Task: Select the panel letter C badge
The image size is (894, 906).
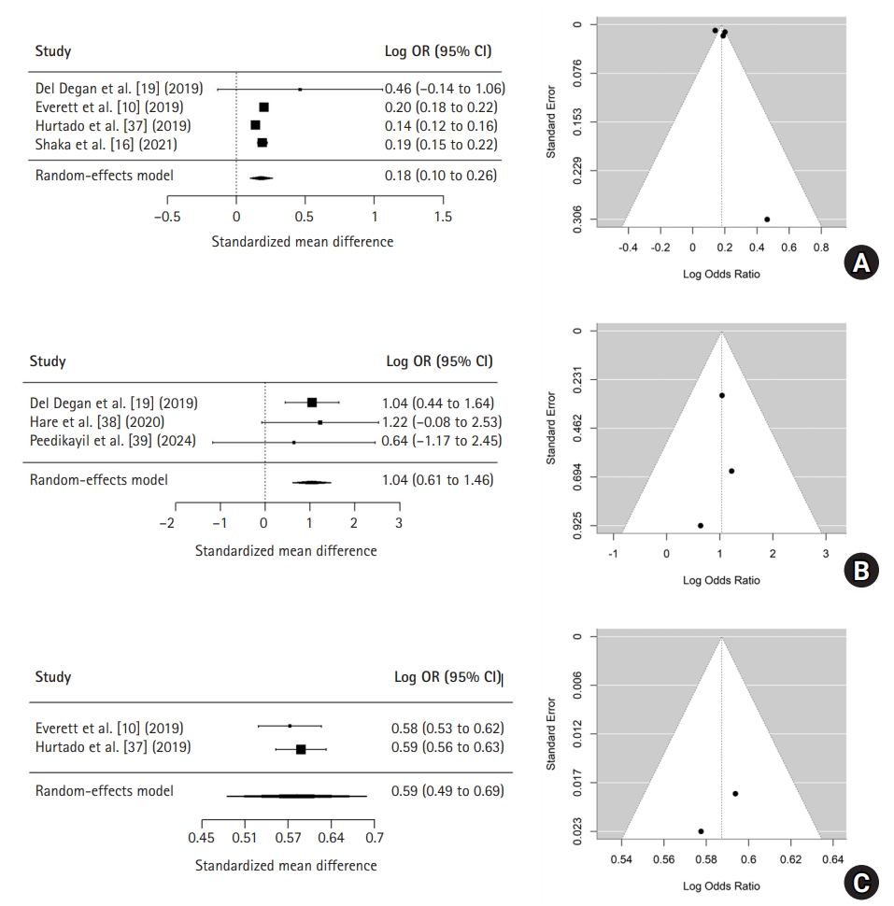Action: tap(860, 881)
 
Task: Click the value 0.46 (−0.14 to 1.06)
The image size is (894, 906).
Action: tap(441, 90)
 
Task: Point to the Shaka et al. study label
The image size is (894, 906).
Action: tap(106, 145)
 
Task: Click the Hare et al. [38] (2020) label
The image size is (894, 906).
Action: tap(97, 422)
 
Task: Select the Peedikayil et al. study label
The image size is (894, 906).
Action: tap(113, 441)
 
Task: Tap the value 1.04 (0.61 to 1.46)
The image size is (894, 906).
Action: tap(437, 480)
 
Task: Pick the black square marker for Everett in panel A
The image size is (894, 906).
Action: tap(263, 107)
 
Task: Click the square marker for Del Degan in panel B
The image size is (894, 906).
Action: tap(312, 403)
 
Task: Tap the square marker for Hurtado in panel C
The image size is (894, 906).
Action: tap(301, 749)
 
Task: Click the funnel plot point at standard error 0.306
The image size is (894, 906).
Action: tap(767, 219)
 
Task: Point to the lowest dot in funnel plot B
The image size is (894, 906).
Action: tap(701, 525)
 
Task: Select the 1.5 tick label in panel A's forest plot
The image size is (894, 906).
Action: tap(443, 217)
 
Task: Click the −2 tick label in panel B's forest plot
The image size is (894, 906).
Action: tap(168, 523)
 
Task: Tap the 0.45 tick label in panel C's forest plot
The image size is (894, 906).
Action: tap(201, 838)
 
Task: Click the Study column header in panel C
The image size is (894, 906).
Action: tap(53, 677)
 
